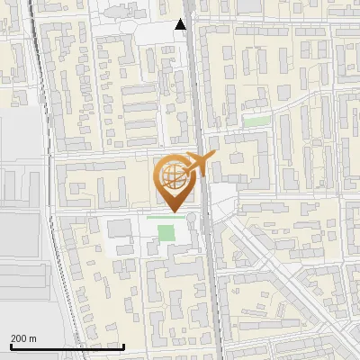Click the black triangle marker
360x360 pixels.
[181, 25]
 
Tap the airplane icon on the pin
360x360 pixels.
[196, 165]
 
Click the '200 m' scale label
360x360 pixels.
[24, 338]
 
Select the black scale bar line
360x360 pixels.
[67, 347]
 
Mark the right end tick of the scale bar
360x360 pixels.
[124, 346]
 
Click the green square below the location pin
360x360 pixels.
[166, 233]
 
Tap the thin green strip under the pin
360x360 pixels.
[166, 217]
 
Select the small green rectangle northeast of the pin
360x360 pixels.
[257, 121]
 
